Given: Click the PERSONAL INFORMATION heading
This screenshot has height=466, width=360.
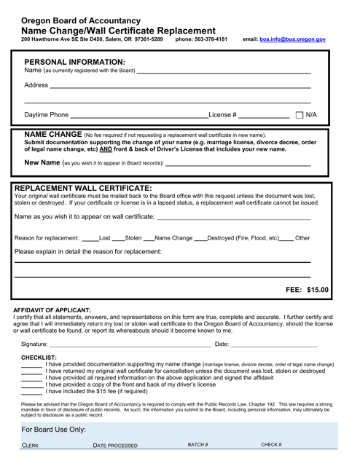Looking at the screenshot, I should pyautogui.click(x=74, y=61).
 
